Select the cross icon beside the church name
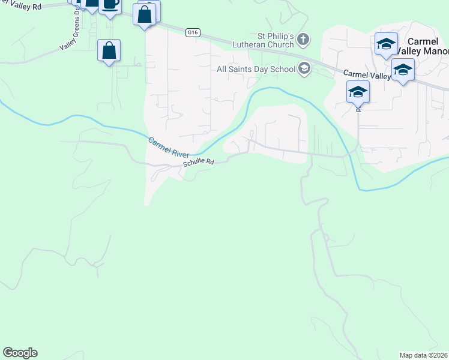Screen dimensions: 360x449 click(x=304, y=40)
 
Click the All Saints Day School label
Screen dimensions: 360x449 click(x=256, y=69)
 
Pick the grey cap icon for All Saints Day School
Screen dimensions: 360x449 click(x=304, y=69)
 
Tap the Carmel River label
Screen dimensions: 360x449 click(x=169, y=146)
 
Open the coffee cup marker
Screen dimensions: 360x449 click(x=110, y=5)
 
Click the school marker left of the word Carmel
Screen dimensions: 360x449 click(x=386, y=44)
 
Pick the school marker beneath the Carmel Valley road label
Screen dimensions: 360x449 click(x=358, y=92)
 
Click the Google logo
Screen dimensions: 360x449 click(x=20, y=353)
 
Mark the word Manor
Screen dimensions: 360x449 click(x=434, y=52)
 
